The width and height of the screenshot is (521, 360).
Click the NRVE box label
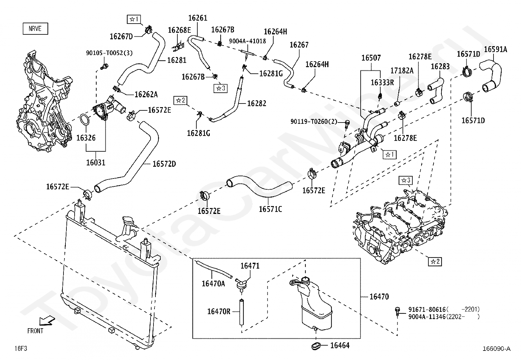click(x=35, y=28)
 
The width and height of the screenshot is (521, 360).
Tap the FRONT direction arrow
click(x=47, y=321)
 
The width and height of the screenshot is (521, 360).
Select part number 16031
click(x=96, y=162)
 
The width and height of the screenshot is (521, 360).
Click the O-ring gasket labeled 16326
click(x=85, y=120)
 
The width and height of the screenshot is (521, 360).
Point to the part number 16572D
click(x=164, y=164)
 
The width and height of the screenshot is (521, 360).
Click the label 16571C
click(x=270, y=209)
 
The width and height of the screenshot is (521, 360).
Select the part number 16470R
click(x=219, y=311)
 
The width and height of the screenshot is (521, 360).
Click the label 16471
click(x=250, y=266)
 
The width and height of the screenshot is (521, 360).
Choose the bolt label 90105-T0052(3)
click(x=109, y=53)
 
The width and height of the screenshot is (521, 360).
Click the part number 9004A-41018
click(x=247, y=41)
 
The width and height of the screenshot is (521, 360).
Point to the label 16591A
click(x=495, y=49)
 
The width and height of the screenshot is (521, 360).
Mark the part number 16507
click(x=371, y=58)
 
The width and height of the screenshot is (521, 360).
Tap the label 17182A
click(x=402, y=70)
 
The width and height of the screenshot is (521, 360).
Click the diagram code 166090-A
click(x=496, y=349)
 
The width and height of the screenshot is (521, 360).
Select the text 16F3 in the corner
click(x=21, y=348)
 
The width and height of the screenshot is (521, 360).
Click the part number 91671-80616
click(x=427, y=310)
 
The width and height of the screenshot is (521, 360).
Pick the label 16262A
click(x=146, y=94)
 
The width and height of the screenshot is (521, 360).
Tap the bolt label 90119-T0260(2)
click(x=314, y=121)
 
